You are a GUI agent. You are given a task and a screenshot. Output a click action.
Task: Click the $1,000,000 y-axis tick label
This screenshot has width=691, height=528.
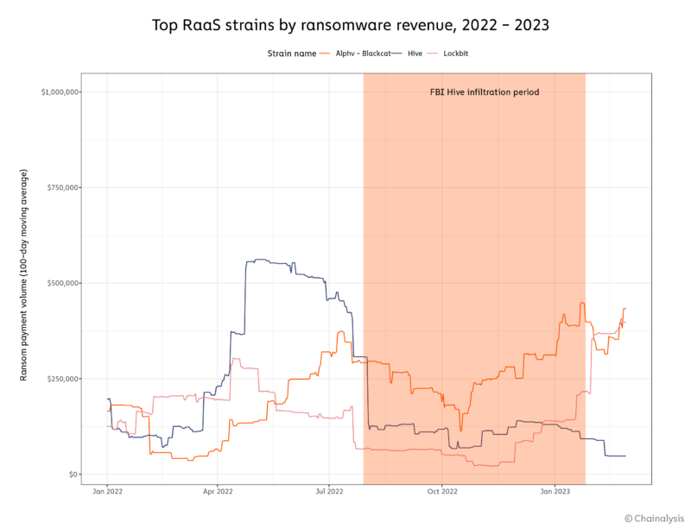click(60, 91)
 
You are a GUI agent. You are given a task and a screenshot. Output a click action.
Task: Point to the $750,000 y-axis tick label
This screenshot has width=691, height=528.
click(63, 187)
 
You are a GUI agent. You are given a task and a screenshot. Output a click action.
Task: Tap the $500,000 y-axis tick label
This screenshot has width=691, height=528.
click(63, 283)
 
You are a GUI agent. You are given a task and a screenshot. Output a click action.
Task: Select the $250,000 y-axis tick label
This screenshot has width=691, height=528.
click(63, 379)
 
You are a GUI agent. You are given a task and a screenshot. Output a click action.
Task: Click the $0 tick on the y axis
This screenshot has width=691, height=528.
click(74, 475)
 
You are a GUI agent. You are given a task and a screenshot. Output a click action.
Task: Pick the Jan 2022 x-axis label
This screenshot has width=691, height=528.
click(107, 491)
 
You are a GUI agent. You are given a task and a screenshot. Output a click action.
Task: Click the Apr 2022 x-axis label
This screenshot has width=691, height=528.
click(218, 491)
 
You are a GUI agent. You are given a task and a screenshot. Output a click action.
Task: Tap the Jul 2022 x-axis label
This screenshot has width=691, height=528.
click(329, 491)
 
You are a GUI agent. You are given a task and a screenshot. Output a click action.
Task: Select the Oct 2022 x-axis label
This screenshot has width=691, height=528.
click(441, 491)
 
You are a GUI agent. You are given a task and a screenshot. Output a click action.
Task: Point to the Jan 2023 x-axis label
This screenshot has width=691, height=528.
click(554, 491)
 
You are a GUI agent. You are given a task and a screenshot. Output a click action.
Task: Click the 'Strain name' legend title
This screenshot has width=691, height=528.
click(291, 53)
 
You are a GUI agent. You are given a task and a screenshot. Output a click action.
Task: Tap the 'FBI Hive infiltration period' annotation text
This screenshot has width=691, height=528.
click(485, 91)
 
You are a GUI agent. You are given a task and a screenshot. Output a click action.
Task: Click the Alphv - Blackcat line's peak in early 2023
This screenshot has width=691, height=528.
click(582, 303)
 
